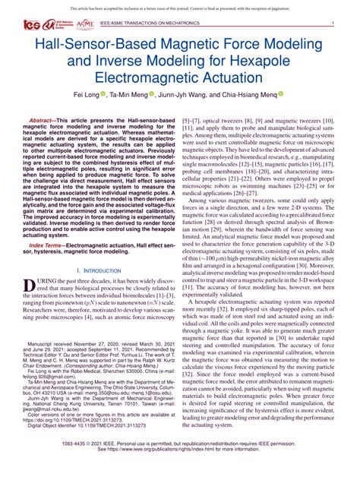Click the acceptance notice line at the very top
tap(180, 5)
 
